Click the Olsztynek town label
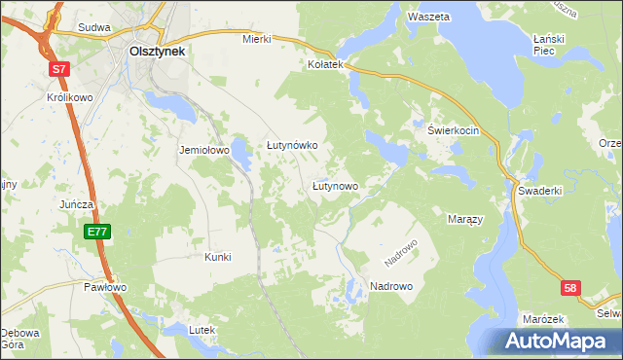click(x=158, y=52)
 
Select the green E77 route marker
click(x=96, y=232)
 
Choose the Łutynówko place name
click(x=292, y=145)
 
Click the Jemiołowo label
click(x=202, y=151)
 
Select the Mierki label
click(x=256, y=40)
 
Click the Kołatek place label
click(x=326, y=63)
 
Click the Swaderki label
click(x=540, y=192)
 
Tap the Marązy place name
click(x=465, y=220)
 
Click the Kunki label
click(x=217, y=257)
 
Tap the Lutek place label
click(x=201, y=330)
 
